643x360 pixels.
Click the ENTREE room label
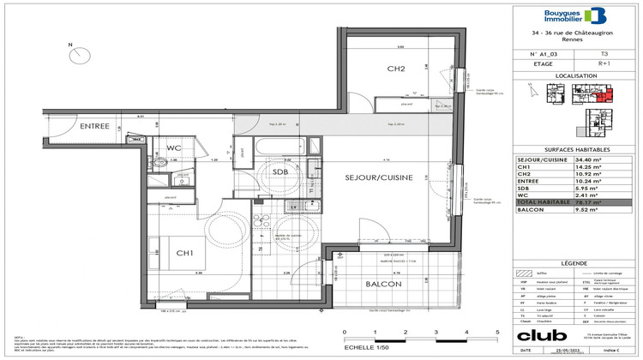click(x=95, y=126)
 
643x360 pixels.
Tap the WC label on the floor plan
click(x=174, y=148)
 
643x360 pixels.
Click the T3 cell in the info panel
click(x=604, y=53)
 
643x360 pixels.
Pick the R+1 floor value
click(x=604, y=63)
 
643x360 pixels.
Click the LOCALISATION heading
click(x=574, y=75)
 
